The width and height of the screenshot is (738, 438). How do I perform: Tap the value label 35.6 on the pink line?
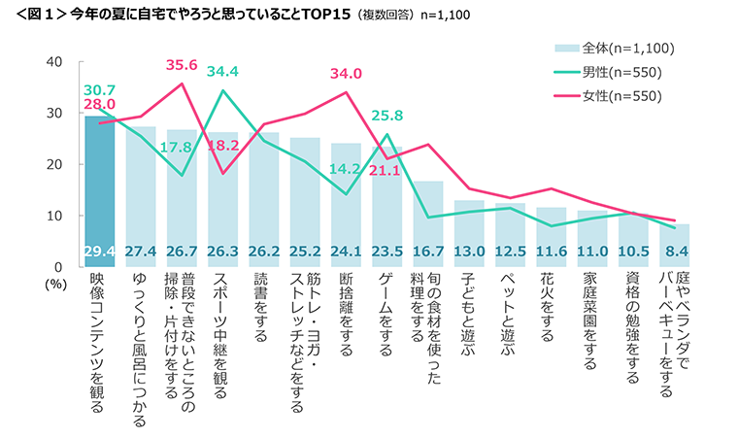(182, 66)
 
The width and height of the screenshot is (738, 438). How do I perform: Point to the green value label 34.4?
(223, 72)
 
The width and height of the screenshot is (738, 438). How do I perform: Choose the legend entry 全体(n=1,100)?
(616, 48)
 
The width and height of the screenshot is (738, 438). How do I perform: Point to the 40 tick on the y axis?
(54, 61)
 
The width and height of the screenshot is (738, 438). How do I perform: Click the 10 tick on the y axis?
(54, 215)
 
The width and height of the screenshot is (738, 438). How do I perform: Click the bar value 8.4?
(676, 252)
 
